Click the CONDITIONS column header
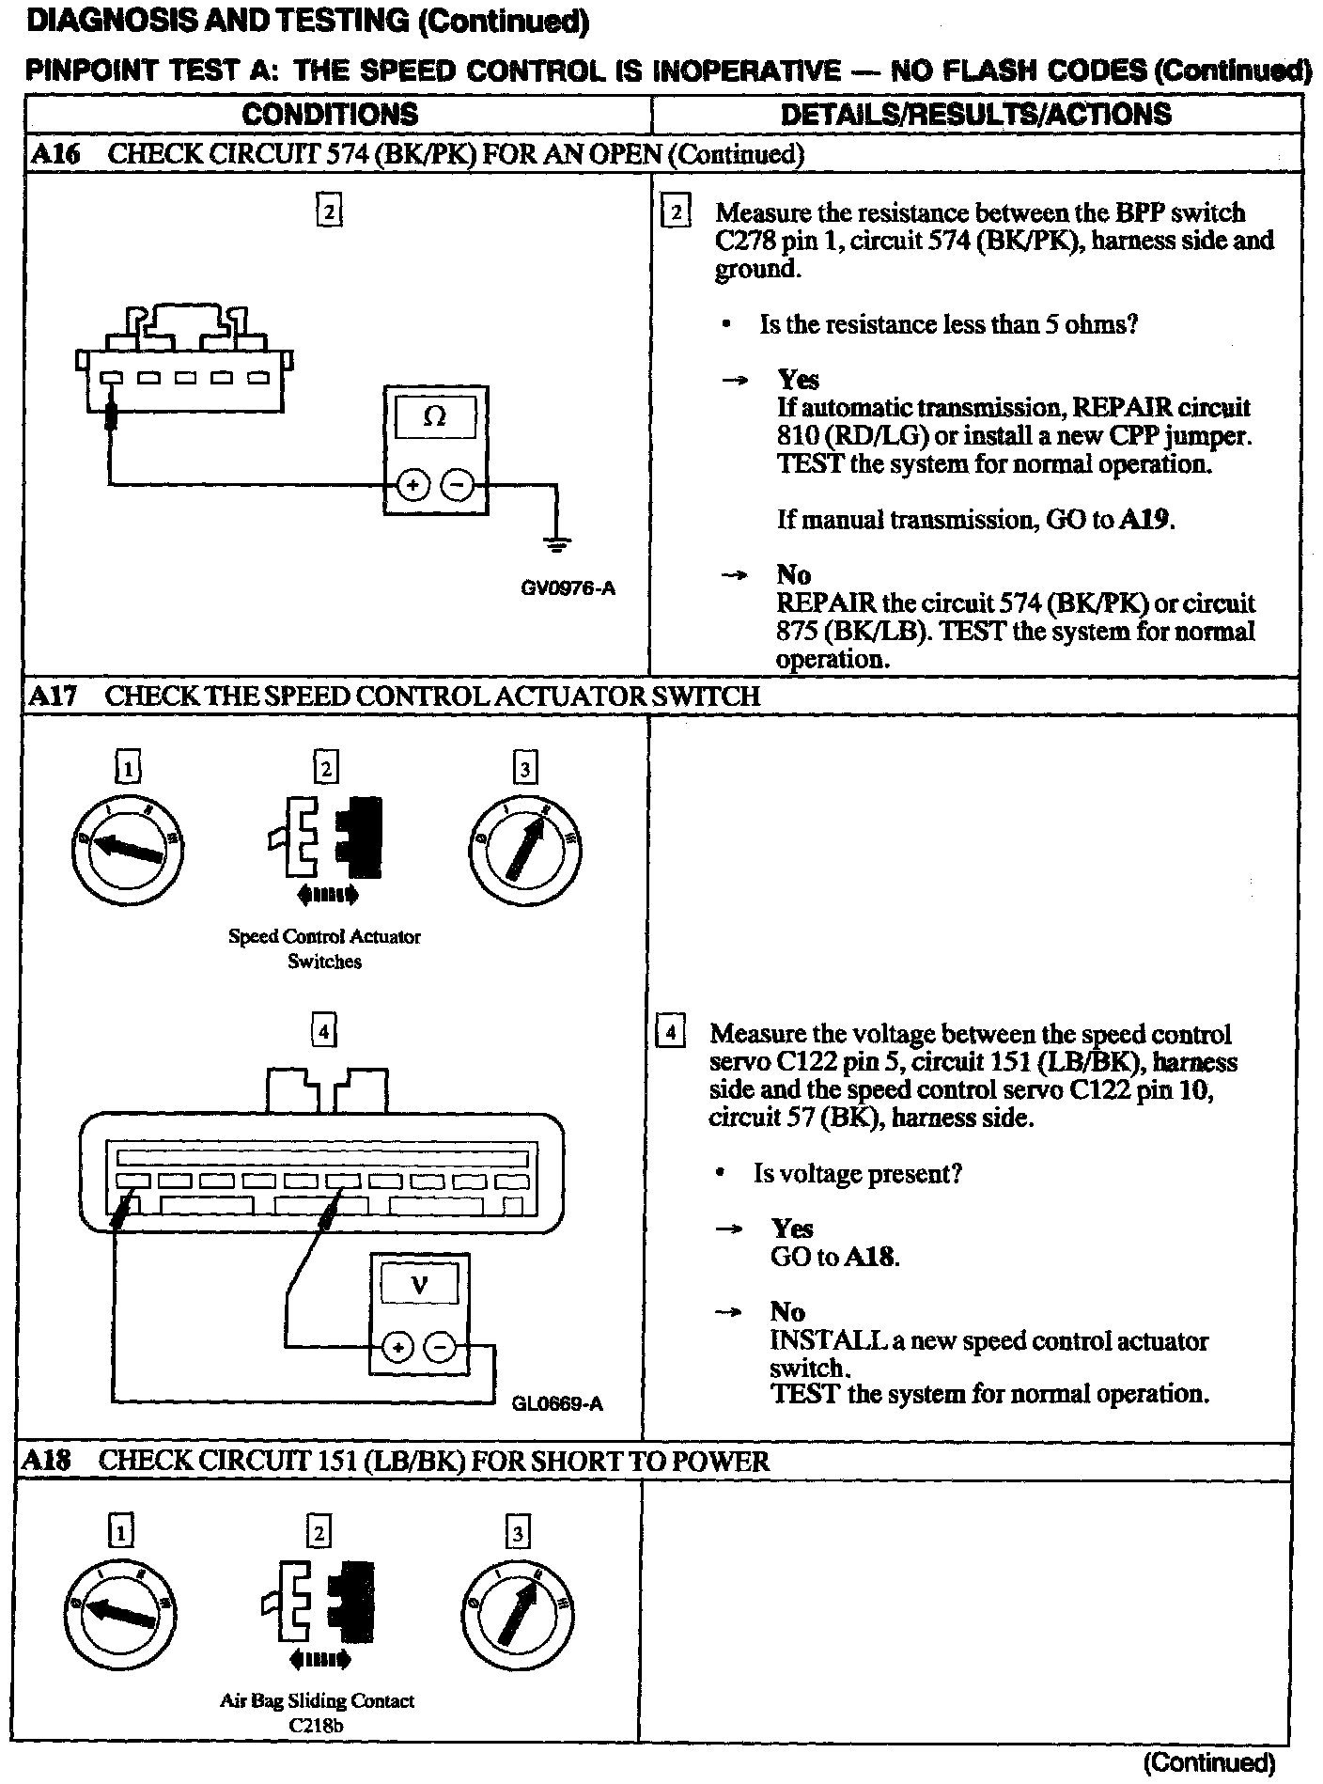[x=330, y=115]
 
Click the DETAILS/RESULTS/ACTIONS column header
[x=976, y=115]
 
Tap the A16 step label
[x=54, y=154]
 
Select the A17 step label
[x=54, y=696]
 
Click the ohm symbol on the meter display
[x=435, y=416]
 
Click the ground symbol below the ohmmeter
[x=556, y=542]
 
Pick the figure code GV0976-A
[x=568, y=589]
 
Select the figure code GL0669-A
[x=557, y=1404]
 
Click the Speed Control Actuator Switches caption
[x=324, y=948]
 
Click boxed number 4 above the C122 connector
[x=323, y=1032]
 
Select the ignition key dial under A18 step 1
[x=119, y=1614]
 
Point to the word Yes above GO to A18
[x=792, y=1228]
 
